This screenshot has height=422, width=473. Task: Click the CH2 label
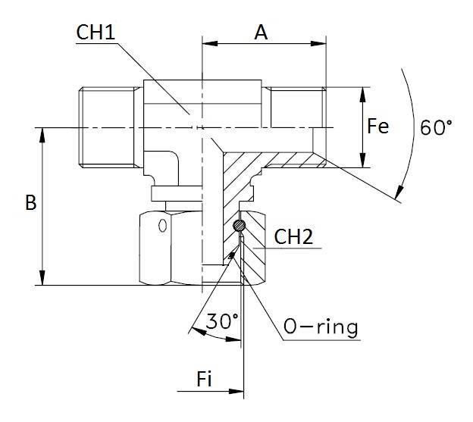294,237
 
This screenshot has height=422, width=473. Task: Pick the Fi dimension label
204,380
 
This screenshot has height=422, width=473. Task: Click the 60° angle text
436,127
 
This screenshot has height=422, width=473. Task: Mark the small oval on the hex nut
164,226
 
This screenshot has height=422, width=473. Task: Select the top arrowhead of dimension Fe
365,92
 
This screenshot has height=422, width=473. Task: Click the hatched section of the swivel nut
254,258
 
